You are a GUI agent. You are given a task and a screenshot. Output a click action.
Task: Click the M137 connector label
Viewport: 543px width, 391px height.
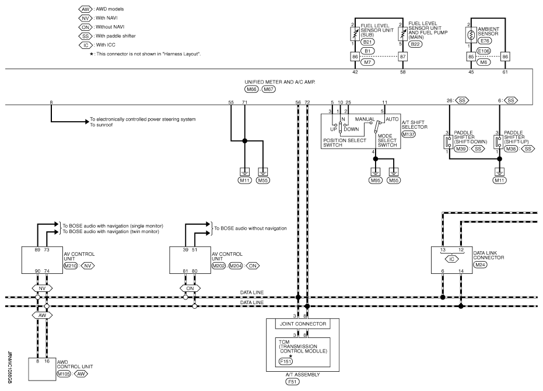coord(408,134)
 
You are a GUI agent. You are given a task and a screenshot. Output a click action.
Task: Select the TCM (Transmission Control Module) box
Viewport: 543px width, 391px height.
coord(303,352)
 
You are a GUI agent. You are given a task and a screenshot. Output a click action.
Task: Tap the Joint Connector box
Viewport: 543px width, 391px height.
coord(303,324)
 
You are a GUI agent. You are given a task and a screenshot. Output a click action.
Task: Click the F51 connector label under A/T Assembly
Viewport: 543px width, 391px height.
coord(293,382)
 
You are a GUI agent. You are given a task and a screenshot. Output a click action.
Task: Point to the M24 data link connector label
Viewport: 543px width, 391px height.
coord(481,265)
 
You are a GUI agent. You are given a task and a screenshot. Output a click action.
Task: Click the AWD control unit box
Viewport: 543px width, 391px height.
coord(42,369)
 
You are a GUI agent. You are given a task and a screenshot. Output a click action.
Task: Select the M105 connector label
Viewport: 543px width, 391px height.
coord(64,374)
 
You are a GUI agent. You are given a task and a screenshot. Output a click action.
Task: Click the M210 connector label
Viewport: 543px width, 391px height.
coord(71,266)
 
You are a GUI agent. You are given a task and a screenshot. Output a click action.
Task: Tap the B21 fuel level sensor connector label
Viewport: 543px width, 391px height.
coord(367,42)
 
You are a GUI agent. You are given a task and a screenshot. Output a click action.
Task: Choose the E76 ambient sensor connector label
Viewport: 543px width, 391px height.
coord(485,41)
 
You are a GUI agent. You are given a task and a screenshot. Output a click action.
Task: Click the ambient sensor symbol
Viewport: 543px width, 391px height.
coord(471,35)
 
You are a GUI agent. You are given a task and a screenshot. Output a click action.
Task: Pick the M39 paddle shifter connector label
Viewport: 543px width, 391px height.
coord(461,149)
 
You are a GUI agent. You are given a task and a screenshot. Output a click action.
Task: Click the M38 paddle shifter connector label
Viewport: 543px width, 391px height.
coord(511,149)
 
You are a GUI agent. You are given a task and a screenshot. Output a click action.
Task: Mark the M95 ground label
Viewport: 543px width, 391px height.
coord(376,180)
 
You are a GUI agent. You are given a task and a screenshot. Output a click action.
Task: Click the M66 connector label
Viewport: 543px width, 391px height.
coord(251,89)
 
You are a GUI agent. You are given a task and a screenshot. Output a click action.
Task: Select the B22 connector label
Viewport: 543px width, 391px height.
coord(415,44)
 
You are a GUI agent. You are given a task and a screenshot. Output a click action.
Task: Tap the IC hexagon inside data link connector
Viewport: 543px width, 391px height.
coord(451,259)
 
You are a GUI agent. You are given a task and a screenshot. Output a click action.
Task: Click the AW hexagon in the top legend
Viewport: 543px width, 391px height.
coord(85,9)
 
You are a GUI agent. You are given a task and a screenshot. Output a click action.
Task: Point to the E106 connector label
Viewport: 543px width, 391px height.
coord(484,51)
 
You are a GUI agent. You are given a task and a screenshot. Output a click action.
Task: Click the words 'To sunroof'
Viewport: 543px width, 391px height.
coord(101,125)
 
